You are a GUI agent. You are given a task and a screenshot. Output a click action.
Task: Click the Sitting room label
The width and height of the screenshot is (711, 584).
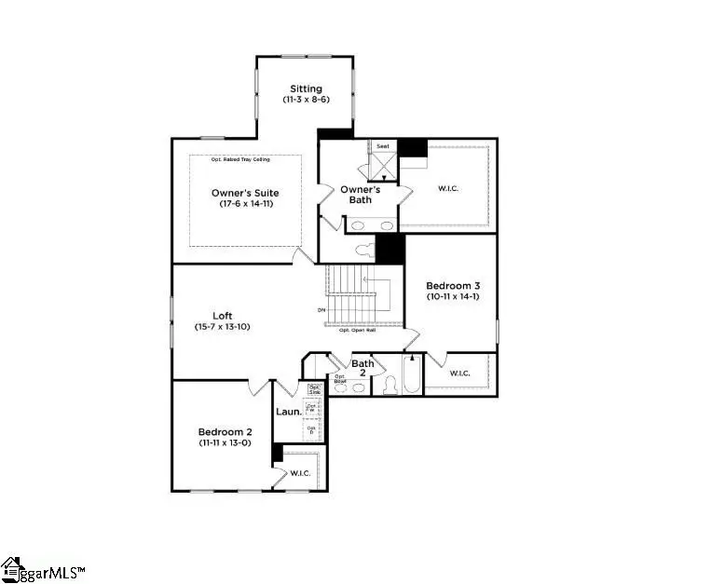pyautogui.click(x=305, y=88)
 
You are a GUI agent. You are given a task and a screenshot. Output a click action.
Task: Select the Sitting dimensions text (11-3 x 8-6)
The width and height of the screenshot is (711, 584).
pyautogui.click(x=305, y=100)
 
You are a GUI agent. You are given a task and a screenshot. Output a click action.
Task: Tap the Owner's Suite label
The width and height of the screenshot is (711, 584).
pyautogui.click(x=244, y=193)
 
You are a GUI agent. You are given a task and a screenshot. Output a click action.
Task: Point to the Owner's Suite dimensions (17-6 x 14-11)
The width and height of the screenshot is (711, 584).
pyautogui.click(x=244, y=204)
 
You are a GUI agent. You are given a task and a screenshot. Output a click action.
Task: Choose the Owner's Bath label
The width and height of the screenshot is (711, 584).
pyautogui.click(x=360, y=195)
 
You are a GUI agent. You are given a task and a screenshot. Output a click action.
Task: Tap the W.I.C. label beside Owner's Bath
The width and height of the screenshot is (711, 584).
pyautogui.click(x=448, y=188)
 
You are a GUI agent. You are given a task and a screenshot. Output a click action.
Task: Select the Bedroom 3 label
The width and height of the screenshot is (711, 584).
pyautogui.click(x=450, y=285)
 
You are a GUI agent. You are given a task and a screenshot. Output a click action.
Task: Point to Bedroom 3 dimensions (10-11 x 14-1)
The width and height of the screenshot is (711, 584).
pyautogui.click(x=450, y=296)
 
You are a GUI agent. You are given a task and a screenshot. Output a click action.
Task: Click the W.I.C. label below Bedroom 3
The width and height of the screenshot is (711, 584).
pyautogui.click(x=458, y=373)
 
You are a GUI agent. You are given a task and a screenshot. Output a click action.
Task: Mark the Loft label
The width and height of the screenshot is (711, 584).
pyautogui.click(x=222, y=316)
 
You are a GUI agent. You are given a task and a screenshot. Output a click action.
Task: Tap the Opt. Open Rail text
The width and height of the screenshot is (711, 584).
pyautogui.click(x=356, y=330)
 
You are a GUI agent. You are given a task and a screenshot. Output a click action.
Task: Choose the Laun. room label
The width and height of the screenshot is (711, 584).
pyautogui.click(x=288, y=411)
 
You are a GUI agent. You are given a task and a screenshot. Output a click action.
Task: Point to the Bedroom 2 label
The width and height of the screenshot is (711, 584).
pyautogui.click(x=225, y=432)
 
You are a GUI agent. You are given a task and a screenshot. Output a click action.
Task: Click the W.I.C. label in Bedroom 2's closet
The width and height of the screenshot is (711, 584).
pyautogui.click(x=300, y=473)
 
